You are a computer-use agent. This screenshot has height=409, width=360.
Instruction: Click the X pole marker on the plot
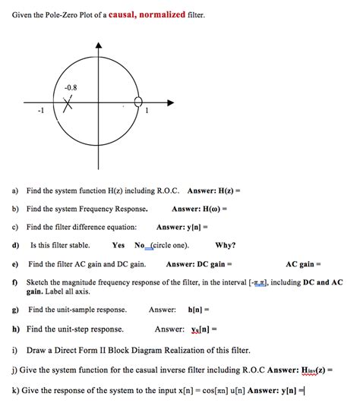click(x=68, y=104)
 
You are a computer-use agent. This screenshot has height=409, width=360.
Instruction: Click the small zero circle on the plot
click(x=138, y=102)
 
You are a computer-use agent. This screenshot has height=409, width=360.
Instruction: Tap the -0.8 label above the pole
click(x=70, y=87)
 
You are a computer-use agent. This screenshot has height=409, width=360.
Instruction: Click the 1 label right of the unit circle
click(x=147, y=112)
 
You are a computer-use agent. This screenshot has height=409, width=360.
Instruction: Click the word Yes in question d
click(x=118, y=245)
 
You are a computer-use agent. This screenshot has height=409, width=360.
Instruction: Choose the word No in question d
click(x=140, y=245)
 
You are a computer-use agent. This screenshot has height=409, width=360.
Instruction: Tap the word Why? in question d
click(x=226, y=245)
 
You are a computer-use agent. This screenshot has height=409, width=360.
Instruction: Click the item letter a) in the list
click(x=15, y=191)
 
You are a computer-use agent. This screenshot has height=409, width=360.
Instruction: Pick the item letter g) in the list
click(x=15, y=310)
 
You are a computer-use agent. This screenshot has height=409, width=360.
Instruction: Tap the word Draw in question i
click(x=35, y=350)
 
